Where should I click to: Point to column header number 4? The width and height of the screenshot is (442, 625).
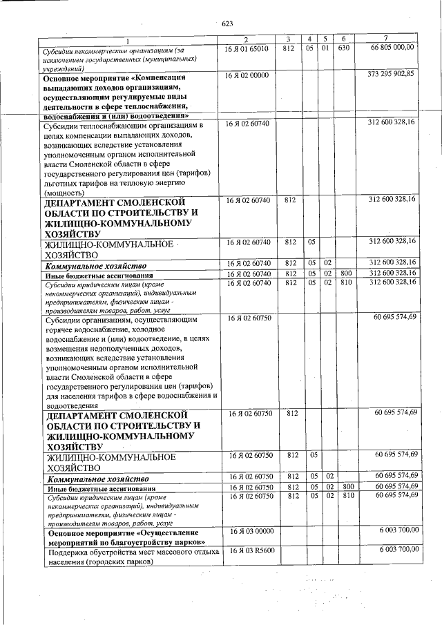coord(311,38)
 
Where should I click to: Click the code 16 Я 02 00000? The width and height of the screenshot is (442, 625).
coord(247,75)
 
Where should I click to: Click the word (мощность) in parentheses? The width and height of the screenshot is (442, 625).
coord(66,194)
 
